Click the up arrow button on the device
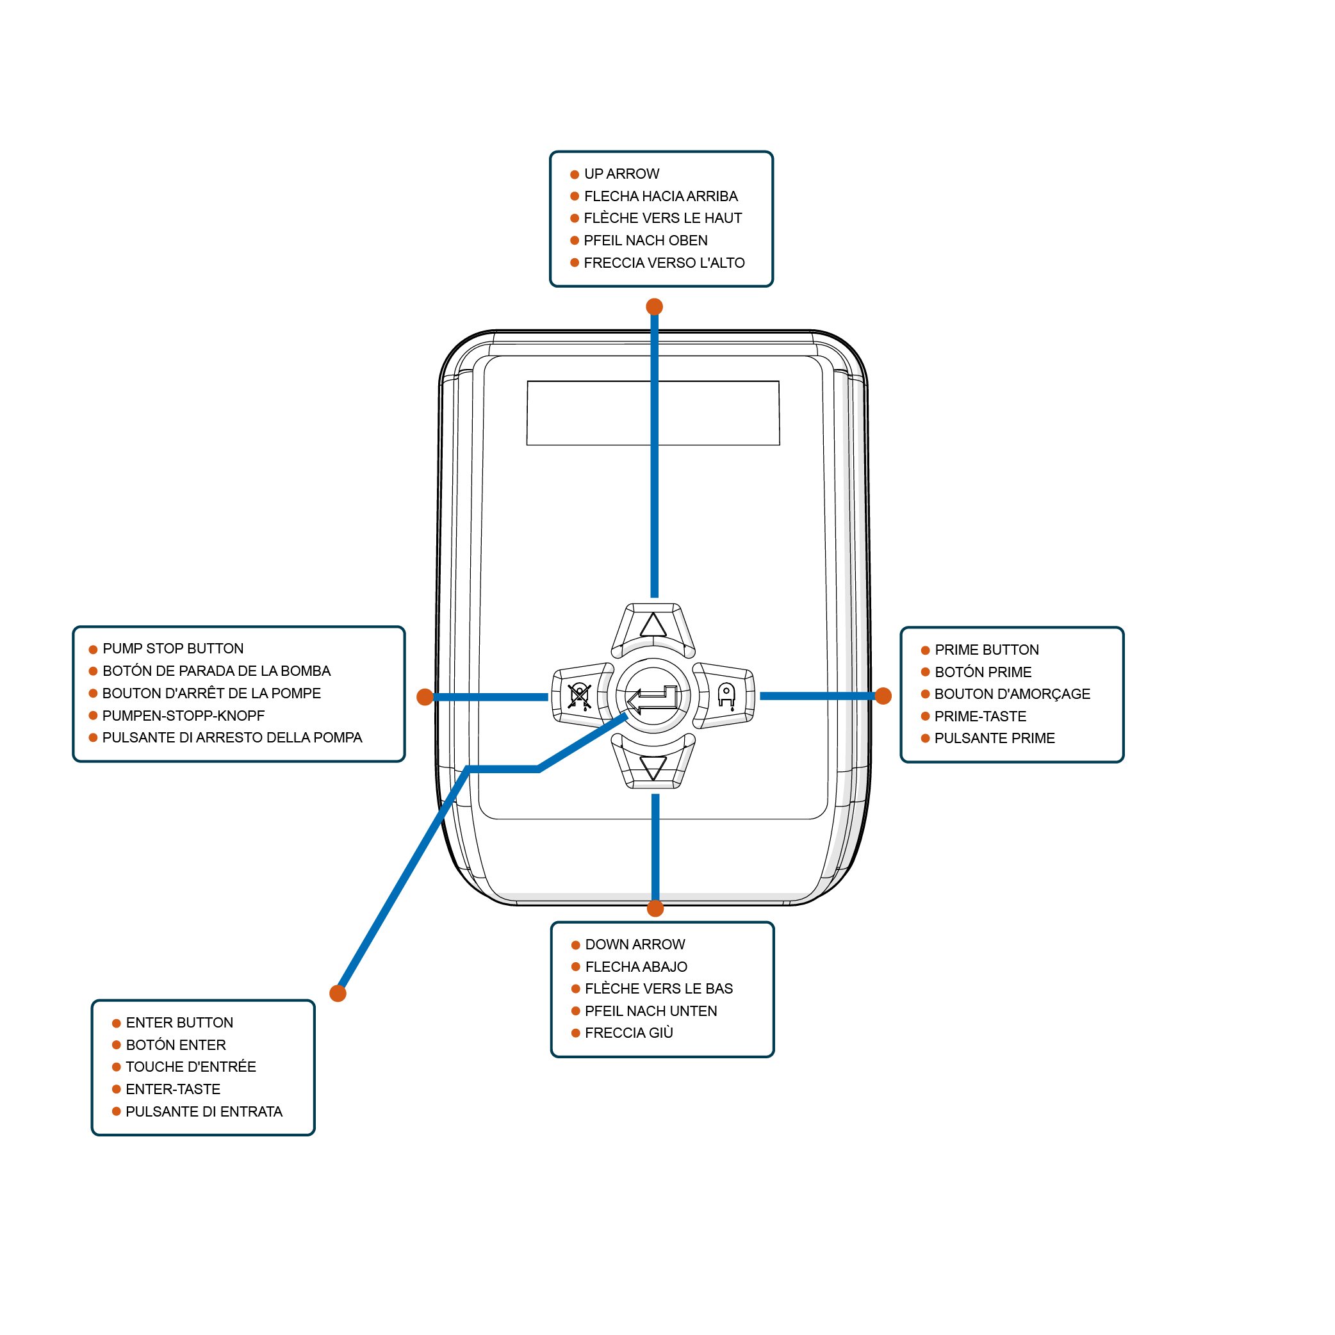653,630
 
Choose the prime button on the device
723,695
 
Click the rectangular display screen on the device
653,413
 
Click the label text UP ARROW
622,174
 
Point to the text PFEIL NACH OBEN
645,240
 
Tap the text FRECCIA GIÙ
629,1033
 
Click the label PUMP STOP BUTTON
173,648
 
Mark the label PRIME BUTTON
987,650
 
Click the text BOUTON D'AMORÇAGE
1012,694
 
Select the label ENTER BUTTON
179,1022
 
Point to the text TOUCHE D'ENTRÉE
191,1066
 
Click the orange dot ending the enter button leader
338,993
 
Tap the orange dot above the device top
655,306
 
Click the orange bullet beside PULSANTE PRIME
925,738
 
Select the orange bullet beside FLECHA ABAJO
576,967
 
